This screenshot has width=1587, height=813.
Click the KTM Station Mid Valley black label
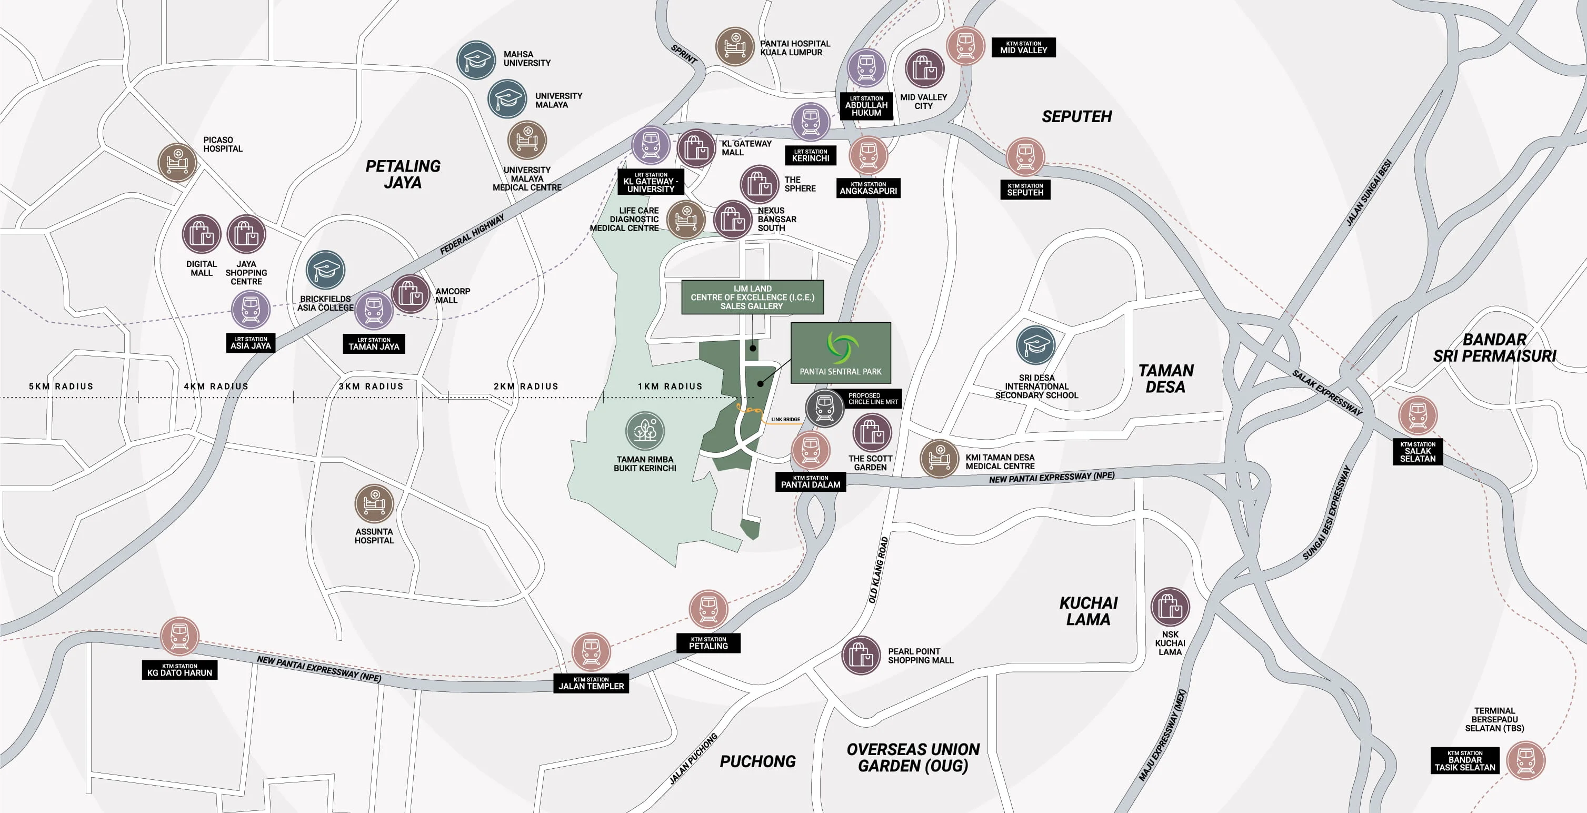[1023, 47]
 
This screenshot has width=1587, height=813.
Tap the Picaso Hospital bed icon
[177, 162]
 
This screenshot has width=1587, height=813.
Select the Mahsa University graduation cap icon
[476, 60]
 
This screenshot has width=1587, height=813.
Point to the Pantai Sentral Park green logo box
[840, 353]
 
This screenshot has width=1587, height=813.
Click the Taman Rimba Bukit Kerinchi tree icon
[644, 430]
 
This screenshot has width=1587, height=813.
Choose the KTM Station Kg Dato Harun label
[179, 670]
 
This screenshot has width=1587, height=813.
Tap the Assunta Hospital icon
[374, 503]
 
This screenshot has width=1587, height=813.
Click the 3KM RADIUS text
[371, 386]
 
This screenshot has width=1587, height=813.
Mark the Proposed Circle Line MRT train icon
[824, 408]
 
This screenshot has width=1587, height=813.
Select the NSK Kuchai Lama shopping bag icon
[1169, 607]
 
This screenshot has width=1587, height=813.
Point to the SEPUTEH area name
[1076, 116]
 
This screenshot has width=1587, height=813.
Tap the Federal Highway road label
[472, 234]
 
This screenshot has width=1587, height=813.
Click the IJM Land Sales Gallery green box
[752, 297]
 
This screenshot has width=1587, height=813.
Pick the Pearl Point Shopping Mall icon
[860, 655]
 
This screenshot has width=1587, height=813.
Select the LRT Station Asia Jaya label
[250, 343]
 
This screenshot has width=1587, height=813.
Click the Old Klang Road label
[878, 570]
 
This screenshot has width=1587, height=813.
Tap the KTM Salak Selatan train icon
[1418, 415]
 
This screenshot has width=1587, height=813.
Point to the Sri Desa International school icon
[1035, 345]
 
